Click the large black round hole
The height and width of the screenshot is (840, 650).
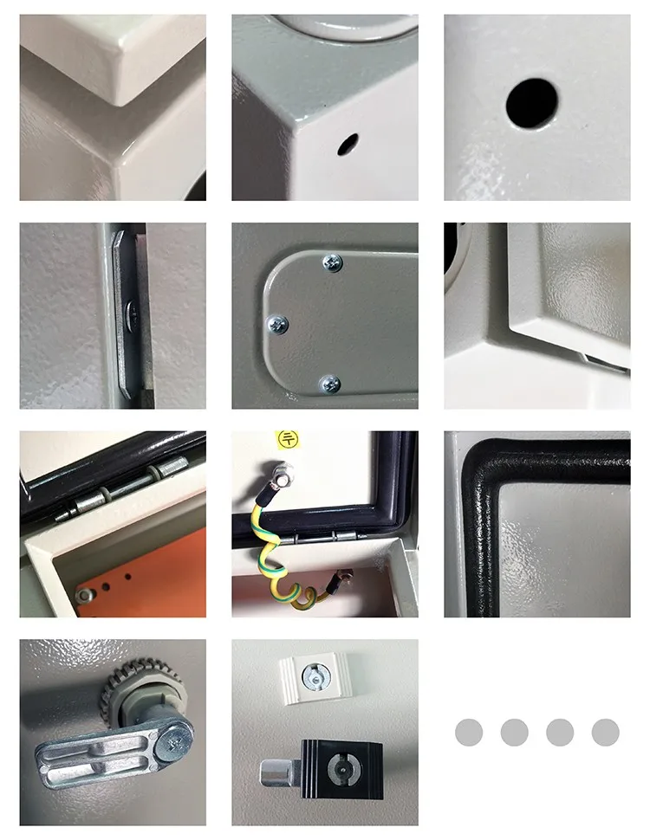pos(531,103)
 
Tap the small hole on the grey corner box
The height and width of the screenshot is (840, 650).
pos(348,144)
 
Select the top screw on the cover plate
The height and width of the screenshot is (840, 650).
pos(331,262)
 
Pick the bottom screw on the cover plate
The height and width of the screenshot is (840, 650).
pos(329,382)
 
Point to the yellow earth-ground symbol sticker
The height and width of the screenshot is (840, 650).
pos(285,440)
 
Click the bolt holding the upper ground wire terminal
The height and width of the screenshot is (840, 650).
pos(287,474)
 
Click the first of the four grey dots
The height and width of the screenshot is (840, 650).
pos(469,733)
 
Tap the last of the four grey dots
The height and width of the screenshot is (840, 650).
pos(605,733)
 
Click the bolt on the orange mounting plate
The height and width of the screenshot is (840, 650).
pos(84,595)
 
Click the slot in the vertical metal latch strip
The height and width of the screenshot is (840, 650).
pos(129,309)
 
